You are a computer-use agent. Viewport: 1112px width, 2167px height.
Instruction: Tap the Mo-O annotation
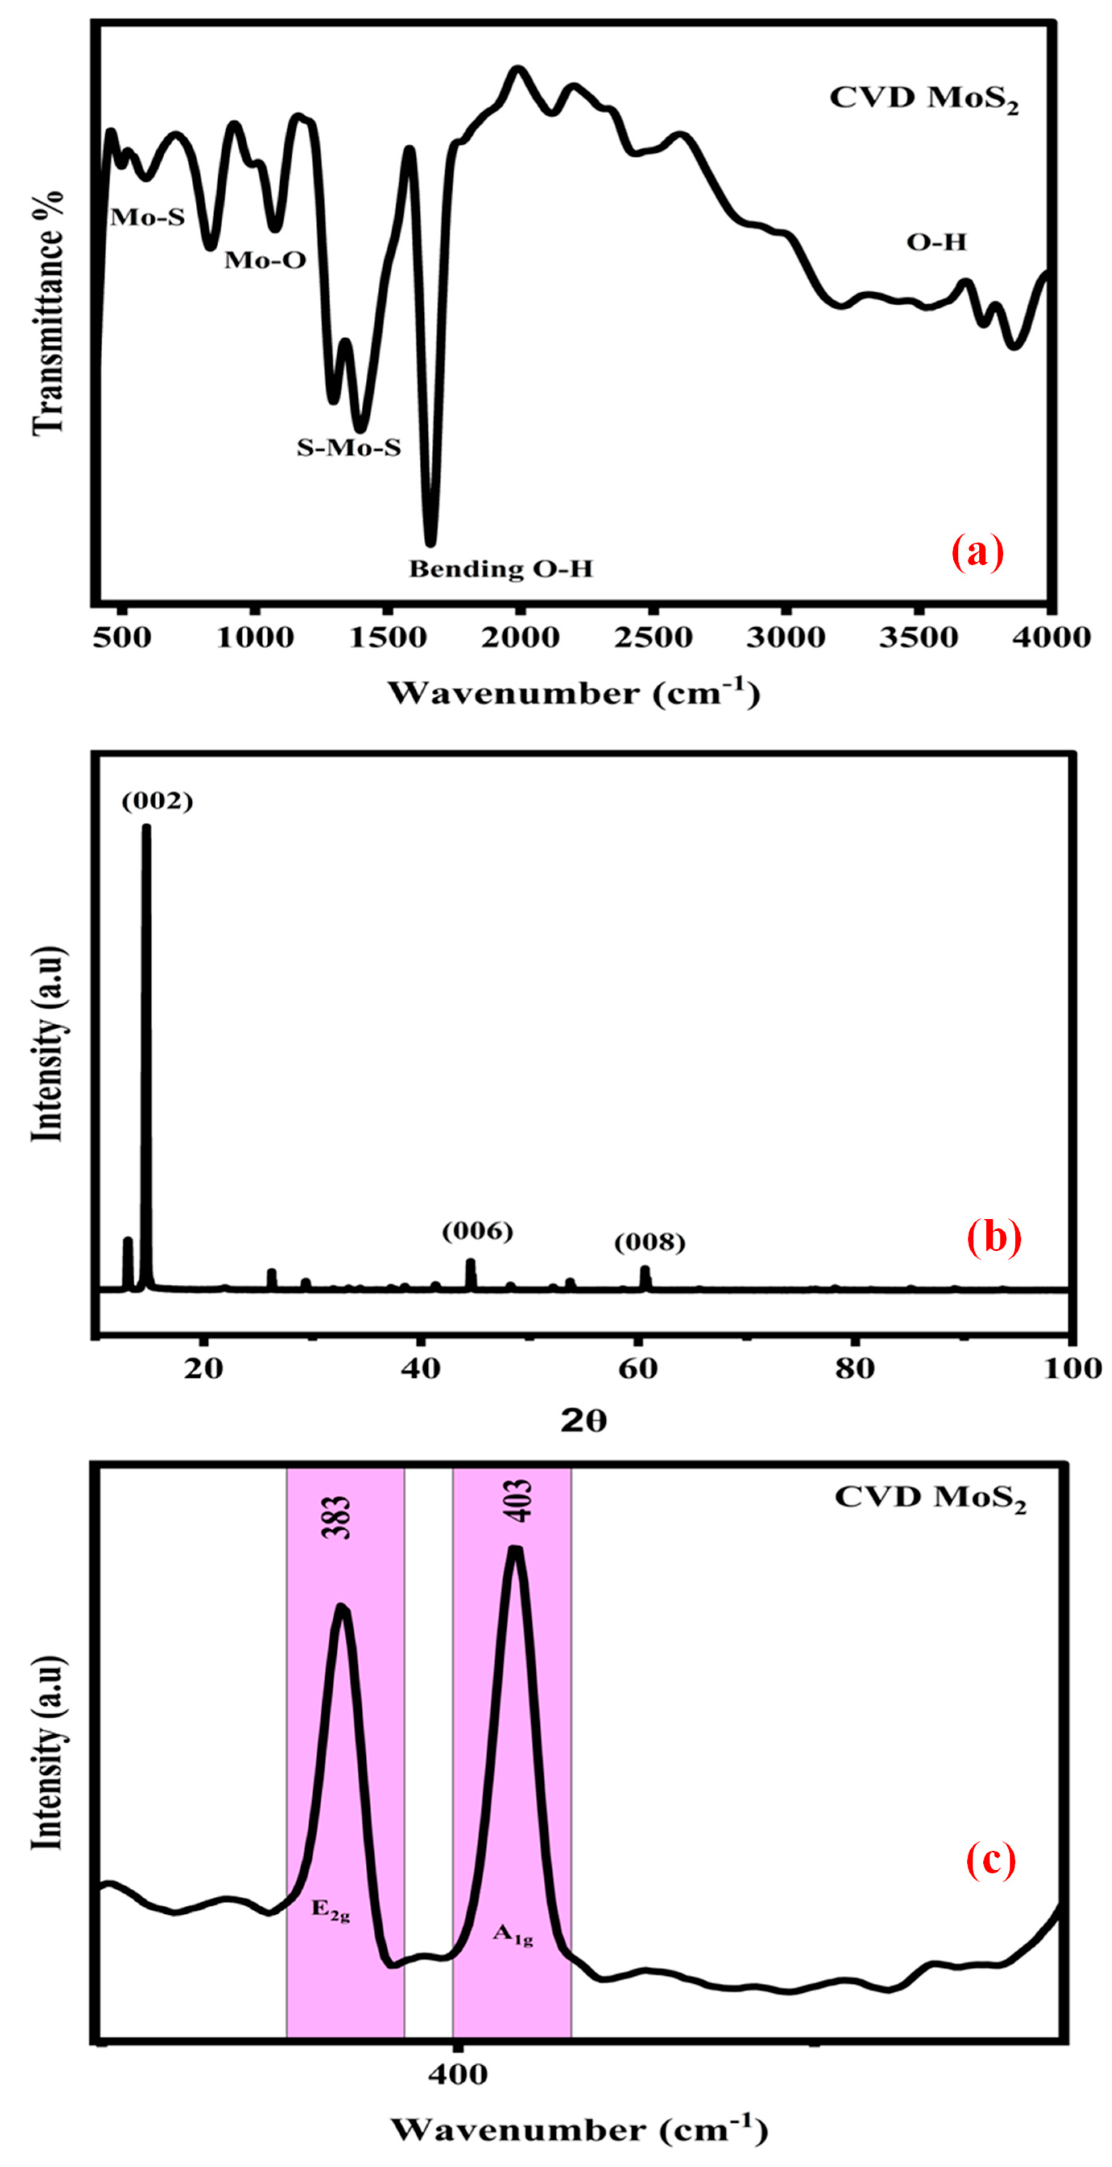(x=265, y=260)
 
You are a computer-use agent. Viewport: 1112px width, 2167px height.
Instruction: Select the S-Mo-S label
(x=348, y=447)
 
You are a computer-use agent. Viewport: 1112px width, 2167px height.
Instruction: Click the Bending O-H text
(x=501, y=569)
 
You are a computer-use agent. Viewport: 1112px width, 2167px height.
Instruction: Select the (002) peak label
(x=157, y=802)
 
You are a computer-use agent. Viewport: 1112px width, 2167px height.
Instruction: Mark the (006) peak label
(x=478, y=1231)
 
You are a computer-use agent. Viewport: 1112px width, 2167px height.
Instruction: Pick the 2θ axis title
(x=584, y=1421)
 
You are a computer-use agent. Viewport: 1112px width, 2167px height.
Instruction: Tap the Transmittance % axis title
(x=49, y=313)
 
